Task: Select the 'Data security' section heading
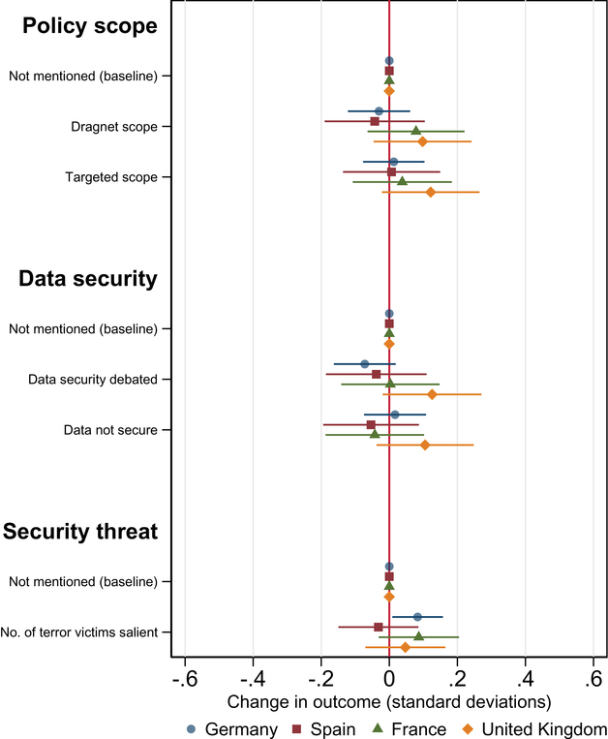[88, 279]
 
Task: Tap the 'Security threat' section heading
[80, 532]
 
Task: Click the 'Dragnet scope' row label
[114, 127]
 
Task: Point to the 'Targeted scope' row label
[111, 177]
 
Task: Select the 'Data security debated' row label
[93, 380]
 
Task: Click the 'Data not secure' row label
[110, 430]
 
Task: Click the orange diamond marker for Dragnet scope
[422, 141]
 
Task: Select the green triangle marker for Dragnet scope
[416, 131]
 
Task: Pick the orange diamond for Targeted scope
[431, 192]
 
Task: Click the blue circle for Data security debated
[364, 364]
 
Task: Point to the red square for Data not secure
[371, 424]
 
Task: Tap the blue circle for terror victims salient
[417, 616]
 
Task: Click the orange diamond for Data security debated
[432, 394]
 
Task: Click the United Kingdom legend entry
[537, 728]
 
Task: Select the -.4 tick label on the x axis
[252, 676]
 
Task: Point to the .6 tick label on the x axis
[593, 676]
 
